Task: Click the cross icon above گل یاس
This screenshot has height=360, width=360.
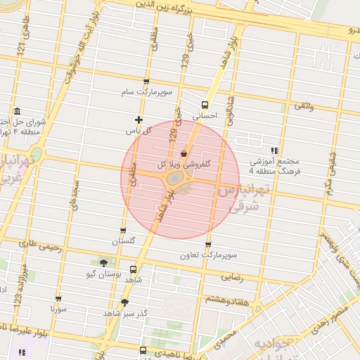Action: (x=139, y=120)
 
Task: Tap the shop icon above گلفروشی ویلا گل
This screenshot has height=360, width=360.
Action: (x=184, y=153)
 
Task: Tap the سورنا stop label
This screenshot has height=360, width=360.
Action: (x=58, y=308)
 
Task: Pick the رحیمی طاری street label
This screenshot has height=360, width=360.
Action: (x=40, y=247)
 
